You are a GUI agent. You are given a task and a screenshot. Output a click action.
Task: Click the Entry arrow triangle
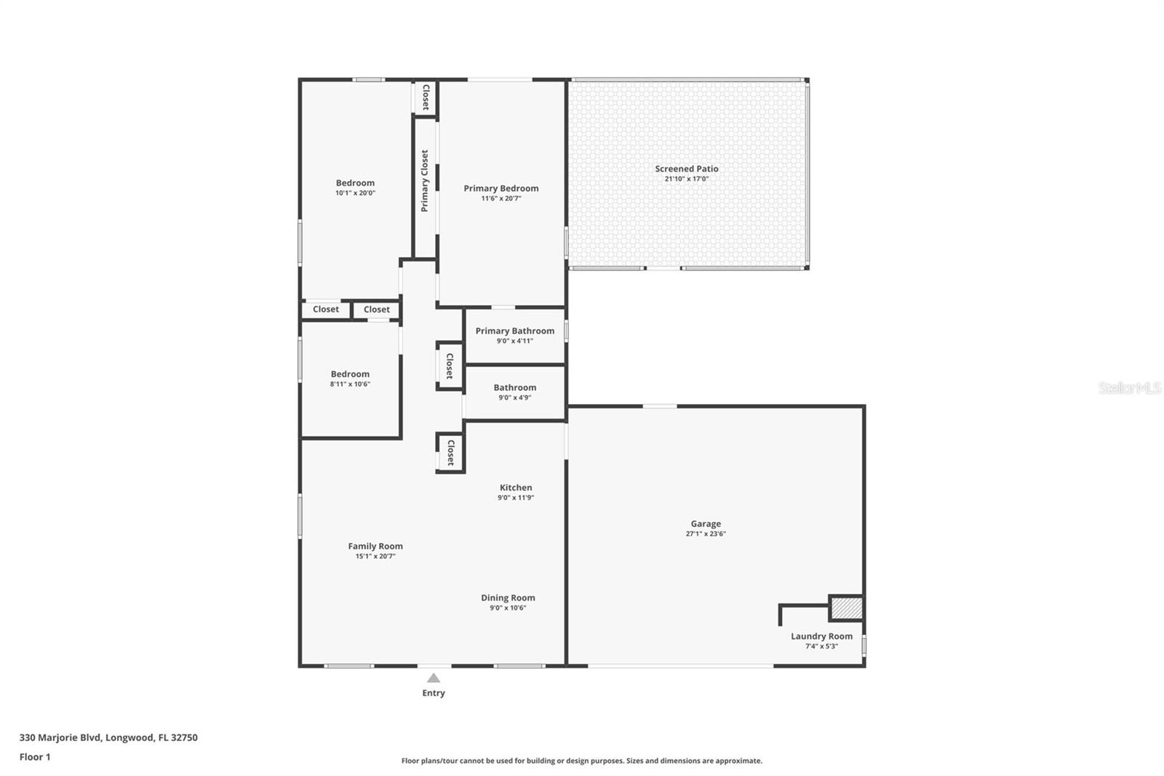pos(434,678)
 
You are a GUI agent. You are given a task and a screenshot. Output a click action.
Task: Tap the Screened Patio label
pos(686,169)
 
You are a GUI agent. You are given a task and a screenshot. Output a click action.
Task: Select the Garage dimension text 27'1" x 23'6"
pos(706,534)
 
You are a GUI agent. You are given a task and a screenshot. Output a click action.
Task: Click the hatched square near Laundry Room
pos(846,608)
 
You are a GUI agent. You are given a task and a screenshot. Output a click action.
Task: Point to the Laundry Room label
pos(821,636)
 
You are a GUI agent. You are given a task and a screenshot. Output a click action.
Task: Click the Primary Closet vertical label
pos(425,181)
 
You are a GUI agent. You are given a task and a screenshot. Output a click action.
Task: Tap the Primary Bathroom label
pos(514,330)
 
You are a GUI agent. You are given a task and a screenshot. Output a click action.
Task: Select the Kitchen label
pos(515,488)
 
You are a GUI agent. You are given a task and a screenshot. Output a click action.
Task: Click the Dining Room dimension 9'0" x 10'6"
pos(508,608)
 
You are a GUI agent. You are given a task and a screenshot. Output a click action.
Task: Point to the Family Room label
pos(375,546)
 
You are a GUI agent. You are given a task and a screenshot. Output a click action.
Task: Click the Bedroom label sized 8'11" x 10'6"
pos(350,374)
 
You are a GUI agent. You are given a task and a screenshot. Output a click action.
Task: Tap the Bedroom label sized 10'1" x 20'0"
pos(355,183)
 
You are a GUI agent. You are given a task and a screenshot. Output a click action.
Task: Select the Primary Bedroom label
pos(501,189)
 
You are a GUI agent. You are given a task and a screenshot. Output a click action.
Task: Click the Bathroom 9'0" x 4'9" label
pos(514,388)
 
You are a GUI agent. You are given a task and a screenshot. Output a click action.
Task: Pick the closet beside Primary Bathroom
pos(450,366)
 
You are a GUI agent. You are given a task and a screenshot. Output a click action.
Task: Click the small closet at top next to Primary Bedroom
pos(426,98)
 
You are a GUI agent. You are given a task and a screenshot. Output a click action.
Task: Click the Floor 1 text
pos(35,757)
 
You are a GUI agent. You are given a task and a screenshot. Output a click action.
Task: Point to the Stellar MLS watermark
pos(1129,388)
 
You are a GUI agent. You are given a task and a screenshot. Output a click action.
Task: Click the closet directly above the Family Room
pos(450,453)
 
